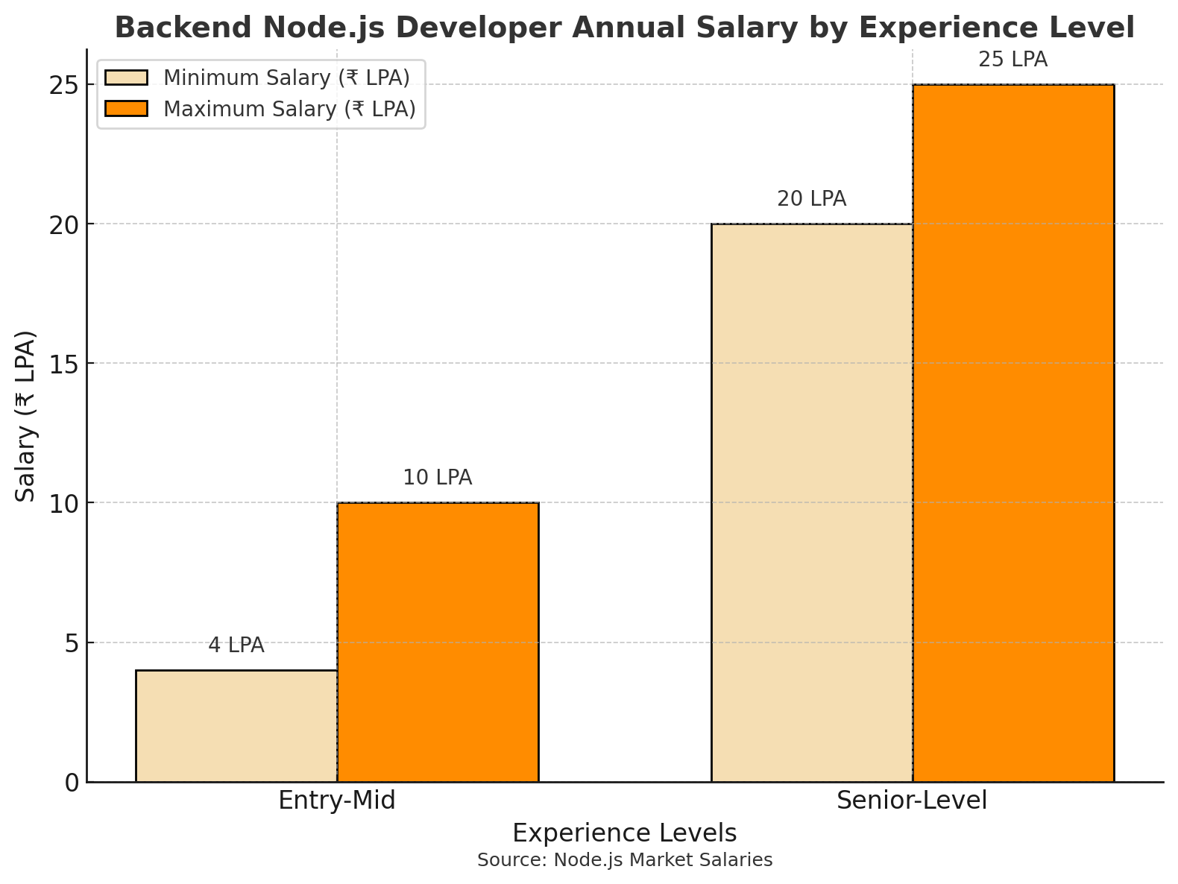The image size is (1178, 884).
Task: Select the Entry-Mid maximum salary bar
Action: (x=438, y=642)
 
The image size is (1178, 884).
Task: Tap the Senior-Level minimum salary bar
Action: (x=812, y=502)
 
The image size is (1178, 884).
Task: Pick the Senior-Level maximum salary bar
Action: (x=1013, y=433)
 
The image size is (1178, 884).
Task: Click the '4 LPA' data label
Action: (x=236, y=645)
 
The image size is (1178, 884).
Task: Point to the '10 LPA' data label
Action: (x=438, y=478)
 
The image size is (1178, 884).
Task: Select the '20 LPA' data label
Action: (x=812, y=199)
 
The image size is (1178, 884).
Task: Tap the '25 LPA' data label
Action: (x=1013, y=60)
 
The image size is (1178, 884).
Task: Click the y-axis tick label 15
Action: (x=64, y=364)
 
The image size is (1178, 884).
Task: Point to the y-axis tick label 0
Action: (x=72, y=783)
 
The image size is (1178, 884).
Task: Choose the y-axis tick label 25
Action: (x=64, y=85)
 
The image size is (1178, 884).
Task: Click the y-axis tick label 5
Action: (x=72, y=643)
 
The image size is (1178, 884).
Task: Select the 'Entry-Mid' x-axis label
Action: (x=337, y=801)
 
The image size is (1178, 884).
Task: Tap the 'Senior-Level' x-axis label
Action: (x=912, y=801)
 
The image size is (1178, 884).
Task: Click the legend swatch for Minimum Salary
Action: (x=127, y=78)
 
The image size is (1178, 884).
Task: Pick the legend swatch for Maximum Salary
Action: (x=127, y=109)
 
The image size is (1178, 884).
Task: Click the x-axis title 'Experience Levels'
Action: (x=625, y=833)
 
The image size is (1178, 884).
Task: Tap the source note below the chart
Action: (x=625, y=860)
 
